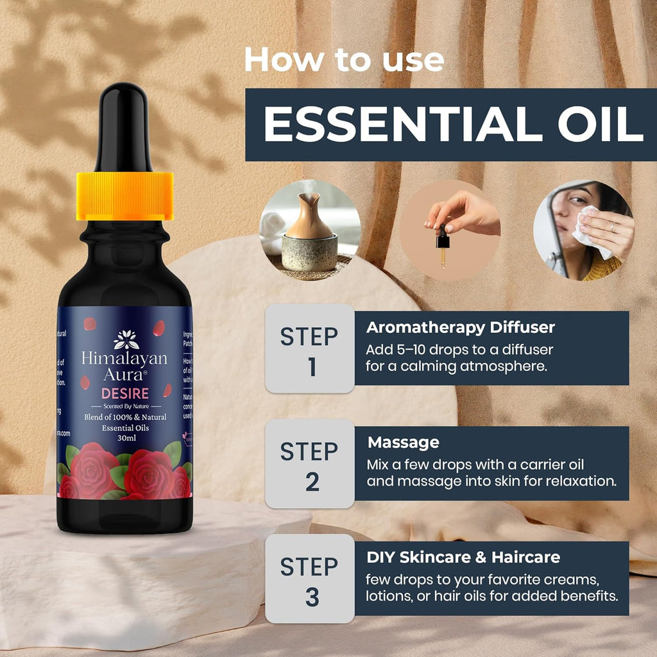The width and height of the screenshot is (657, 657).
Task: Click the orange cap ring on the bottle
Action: point(124,196)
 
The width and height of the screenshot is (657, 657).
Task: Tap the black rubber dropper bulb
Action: point(124,128)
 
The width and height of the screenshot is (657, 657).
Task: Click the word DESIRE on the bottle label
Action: point(125,393)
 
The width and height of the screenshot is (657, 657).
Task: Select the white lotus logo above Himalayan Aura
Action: point(126,339)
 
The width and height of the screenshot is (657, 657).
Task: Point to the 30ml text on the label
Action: point(126,438)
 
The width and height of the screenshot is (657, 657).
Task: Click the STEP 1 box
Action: point(310,348)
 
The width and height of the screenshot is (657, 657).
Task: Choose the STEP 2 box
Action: point(310,464)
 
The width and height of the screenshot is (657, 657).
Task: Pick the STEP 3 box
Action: point(310,579)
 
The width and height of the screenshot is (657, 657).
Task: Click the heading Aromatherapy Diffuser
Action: point(460,327)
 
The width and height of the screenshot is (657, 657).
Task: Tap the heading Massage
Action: point(403,442)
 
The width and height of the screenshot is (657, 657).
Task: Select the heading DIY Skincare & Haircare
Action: point(463,557)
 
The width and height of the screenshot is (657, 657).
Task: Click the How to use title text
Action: point(344,60)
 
